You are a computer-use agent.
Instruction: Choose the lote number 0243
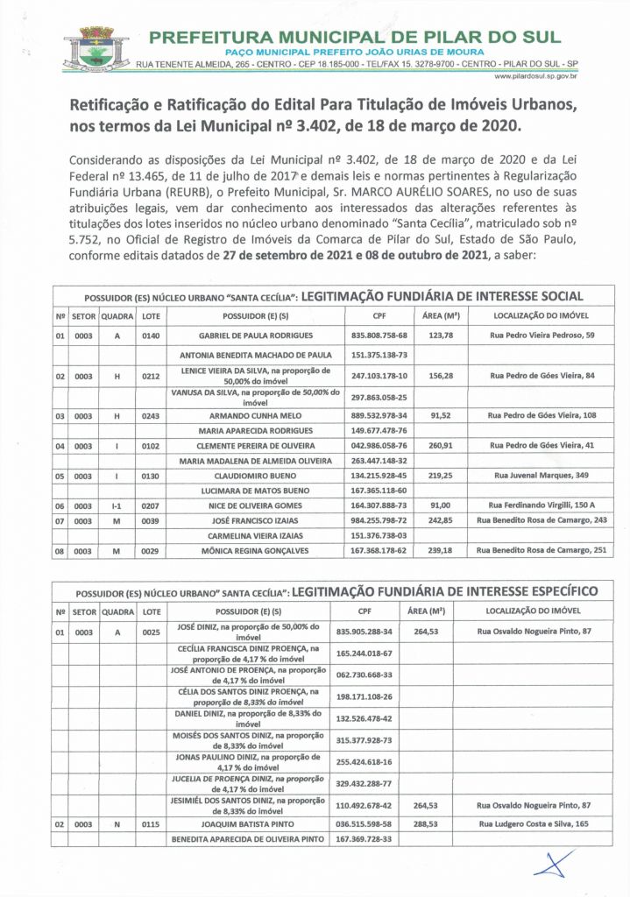pos(152,414)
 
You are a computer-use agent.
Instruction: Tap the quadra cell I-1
pos(116,505)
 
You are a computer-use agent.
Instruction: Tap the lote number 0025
pos(152,631)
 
